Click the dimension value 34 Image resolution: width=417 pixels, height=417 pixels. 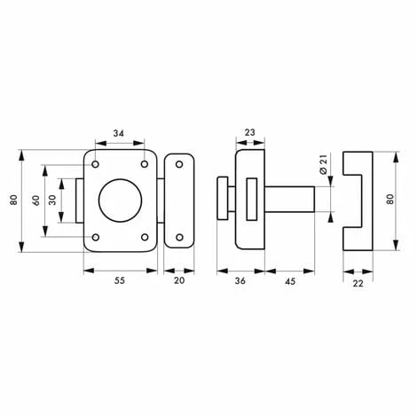(119, 133)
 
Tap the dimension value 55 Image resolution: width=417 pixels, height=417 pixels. (120, 280)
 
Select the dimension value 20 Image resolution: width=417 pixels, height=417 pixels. (179, 280)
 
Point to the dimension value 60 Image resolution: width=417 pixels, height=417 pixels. (36, 201)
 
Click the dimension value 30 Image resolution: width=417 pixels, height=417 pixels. (52, 201)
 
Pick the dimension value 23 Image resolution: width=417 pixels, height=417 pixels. (250, 132)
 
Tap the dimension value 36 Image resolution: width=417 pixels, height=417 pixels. (240, 281)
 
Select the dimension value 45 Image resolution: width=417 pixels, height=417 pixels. (290, 281)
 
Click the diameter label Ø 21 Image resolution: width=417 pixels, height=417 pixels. (324, 164)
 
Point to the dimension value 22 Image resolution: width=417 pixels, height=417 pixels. (358, 283)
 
